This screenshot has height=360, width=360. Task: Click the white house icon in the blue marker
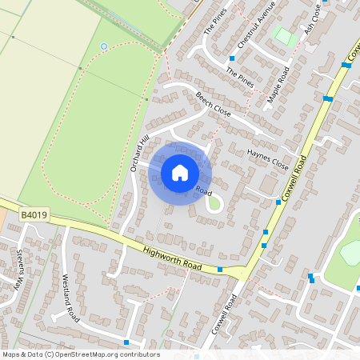180,173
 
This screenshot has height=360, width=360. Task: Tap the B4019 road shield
34,215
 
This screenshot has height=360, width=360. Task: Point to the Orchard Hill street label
139,153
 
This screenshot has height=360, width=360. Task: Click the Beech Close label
213,104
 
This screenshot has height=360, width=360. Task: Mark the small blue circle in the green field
103,46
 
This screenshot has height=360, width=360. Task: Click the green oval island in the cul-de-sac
214,205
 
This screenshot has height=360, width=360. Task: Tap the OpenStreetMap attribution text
81,354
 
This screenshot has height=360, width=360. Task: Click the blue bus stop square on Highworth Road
220,270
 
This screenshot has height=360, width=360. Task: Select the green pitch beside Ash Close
283,36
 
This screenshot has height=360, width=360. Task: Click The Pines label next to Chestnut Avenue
215,22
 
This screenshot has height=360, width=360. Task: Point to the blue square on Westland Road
126,342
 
